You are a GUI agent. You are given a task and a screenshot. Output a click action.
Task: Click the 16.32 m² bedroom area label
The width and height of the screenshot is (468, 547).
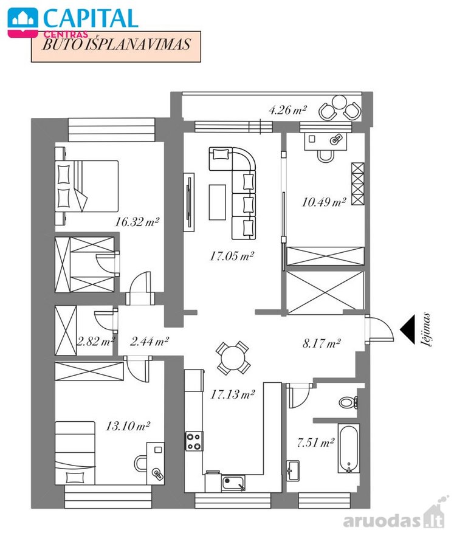tap(137, 222)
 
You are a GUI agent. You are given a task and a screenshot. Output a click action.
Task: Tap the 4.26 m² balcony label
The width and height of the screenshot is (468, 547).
tap(287, 110)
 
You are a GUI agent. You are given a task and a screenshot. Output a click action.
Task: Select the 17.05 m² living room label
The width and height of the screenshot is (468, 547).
tap(232, 256)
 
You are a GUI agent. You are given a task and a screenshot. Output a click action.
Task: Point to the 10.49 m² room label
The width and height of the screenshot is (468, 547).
tap(323, 202)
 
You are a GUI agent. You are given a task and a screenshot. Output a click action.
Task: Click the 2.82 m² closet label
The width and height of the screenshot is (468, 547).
tap(96, 341)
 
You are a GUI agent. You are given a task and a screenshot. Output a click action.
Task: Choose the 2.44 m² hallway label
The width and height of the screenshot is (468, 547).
tap(150, 341)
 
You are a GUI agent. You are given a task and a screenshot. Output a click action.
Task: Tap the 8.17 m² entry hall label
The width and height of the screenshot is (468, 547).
tap(322, 343)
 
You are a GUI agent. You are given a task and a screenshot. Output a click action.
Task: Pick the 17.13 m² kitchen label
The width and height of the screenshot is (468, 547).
tap(233, 394)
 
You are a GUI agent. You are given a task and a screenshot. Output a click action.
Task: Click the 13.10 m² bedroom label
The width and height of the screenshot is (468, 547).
tap(128, 426)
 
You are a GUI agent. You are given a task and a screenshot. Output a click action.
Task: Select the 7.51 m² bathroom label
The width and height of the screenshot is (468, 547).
tap(315, 443)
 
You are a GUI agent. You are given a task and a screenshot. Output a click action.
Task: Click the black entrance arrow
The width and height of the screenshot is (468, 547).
tap(407, 329)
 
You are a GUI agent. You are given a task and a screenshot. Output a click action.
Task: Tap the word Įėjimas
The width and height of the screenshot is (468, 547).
tap(427, 329)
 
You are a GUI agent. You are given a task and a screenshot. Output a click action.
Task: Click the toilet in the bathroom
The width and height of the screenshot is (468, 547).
tap(348, 402)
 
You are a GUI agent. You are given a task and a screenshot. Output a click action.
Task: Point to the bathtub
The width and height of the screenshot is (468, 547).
tap(349, 449)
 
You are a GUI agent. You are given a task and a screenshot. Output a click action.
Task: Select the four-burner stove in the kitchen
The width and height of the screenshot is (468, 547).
tap(193, 441)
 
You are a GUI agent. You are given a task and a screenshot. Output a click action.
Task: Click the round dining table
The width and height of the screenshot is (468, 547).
tap(233, 358)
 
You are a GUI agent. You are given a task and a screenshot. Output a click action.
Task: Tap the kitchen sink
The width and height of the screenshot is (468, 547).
tap(233, 483)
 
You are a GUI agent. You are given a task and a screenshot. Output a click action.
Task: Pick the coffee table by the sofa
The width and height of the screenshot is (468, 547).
tap(217, 202)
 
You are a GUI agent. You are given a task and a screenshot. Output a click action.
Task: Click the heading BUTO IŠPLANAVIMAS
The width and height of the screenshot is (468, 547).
tap(116, 44)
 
